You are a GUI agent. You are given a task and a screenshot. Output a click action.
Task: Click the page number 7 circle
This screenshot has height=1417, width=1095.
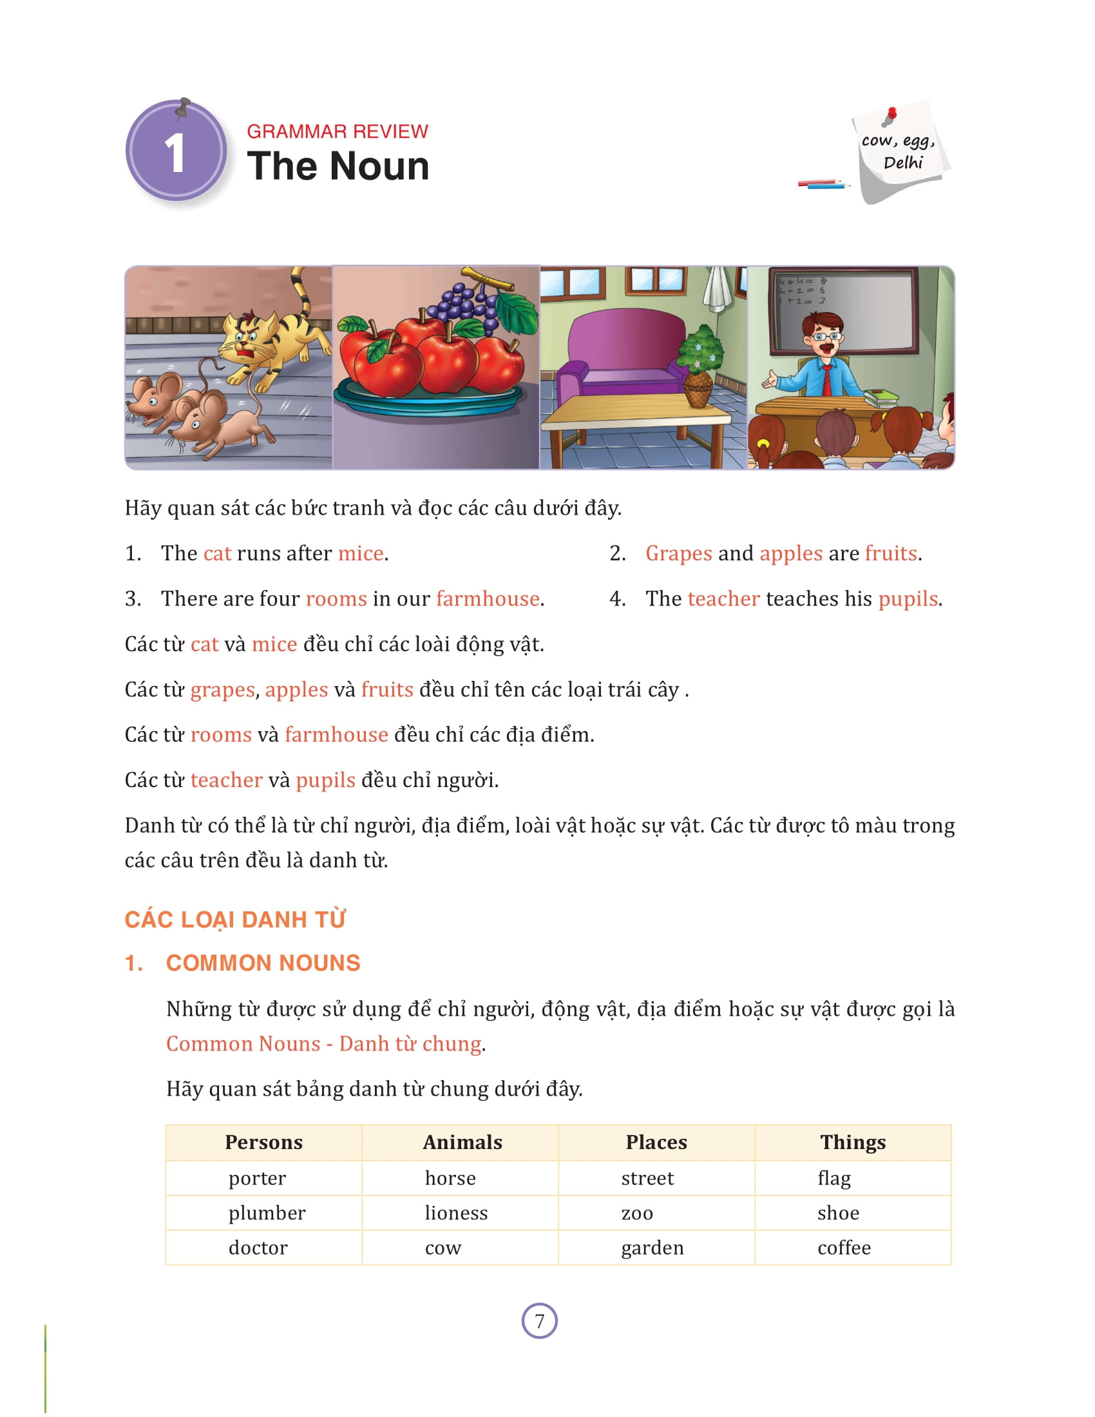(539, 1320)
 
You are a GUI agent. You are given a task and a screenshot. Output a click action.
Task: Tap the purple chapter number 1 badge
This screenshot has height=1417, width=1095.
(176, 152)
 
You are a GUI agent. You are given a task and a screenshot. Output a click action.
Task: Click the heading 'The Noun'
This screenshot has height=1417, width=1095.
(338, 166)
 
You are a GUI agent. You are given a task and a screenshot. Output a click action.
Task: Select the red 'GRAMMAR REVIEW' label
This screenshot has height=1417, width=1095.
(338, 131)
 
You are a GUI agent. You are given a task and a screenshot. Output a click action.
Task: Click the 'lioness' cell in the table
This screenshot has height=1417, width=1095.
(456, 1213)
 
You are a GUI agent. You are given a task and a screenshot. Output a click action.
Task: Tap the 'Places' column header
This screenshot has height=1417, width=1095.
(656, 1142)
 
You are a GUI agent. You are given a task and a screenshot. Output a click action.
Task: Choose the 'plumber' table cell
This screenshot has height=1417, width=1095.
(267, 1213)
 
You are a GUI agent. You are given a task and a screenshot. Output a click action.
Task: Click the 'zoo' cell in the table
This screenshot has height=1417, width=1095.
(637, 1213)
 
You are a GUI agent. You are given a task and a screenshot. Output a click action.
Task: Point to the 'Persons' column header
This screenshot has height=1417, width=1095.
(263, 1142)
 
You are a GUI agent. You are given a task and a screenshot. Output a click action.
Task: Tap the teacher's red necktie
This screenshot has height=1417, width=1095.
(827, 379)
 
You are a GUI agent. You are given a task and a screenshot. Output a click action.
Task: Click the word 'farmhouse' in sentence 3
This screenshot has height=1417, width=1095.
(487, 598)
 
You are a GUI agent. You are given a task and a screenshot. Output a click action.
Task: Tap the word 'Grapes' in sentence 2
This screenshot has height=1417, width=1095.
(678, 553)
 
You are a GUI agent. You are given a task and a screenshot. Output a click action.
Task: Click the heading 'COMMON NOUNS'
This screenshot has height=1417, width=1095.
(263, 963)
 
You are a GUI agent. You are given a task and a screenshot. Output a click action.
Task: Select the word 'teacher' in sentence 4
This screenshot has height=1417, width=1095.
(723, 598)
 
